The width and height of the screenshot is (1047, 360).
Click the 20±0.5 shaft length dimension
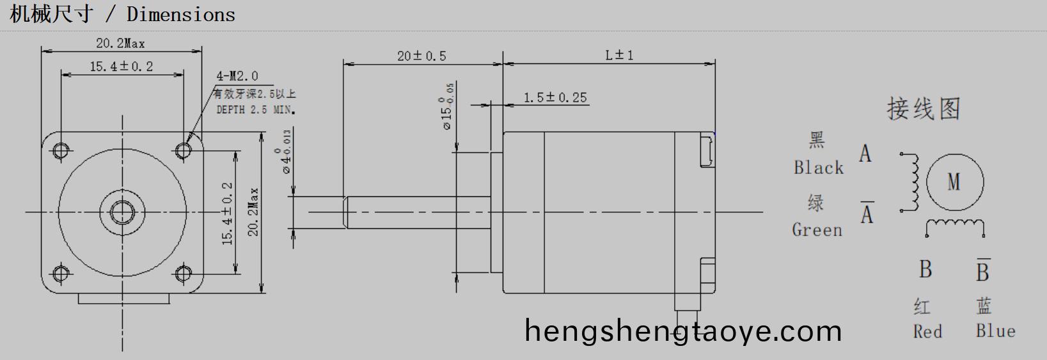point(421,56)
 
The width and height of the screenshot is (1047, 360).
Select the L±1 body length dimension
point(619,55)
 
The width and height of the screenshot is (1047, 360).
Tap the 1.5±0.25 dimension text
point(555,97)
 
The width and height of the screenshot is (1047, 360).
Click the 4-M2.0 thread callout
point(237,76)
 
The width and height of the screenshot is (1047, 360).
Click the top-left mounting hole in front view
point(61,150)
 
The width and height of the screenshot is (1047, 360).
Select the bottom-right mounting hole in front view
point(184,274)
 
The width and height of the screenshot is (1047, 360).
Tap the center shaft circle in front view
point(122,211)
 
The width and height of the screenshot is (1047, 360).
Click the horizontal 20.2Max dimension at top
point(120,43)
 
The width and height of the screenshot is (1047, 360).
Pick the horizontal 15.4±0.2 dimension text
point(121,67)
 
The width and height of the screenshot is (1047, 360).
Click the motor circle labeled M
point(954,182)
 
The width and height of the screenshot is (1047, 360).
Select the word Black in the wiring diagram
point(818,168)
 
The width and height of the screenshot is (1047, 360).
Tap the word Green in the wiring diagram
point(817,230)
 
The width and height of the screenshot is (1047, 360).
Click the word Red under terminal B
point(927,332)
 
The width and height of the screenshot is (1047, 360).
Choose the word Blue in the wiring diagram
point(995,331)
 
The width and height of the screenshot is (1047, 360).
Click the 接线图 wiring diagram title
point(923,109)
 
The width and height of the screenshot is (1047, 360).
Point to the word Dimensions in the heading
point(181,14)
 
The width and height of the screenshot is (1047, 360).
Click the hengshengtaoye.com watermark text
point(682,331)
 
